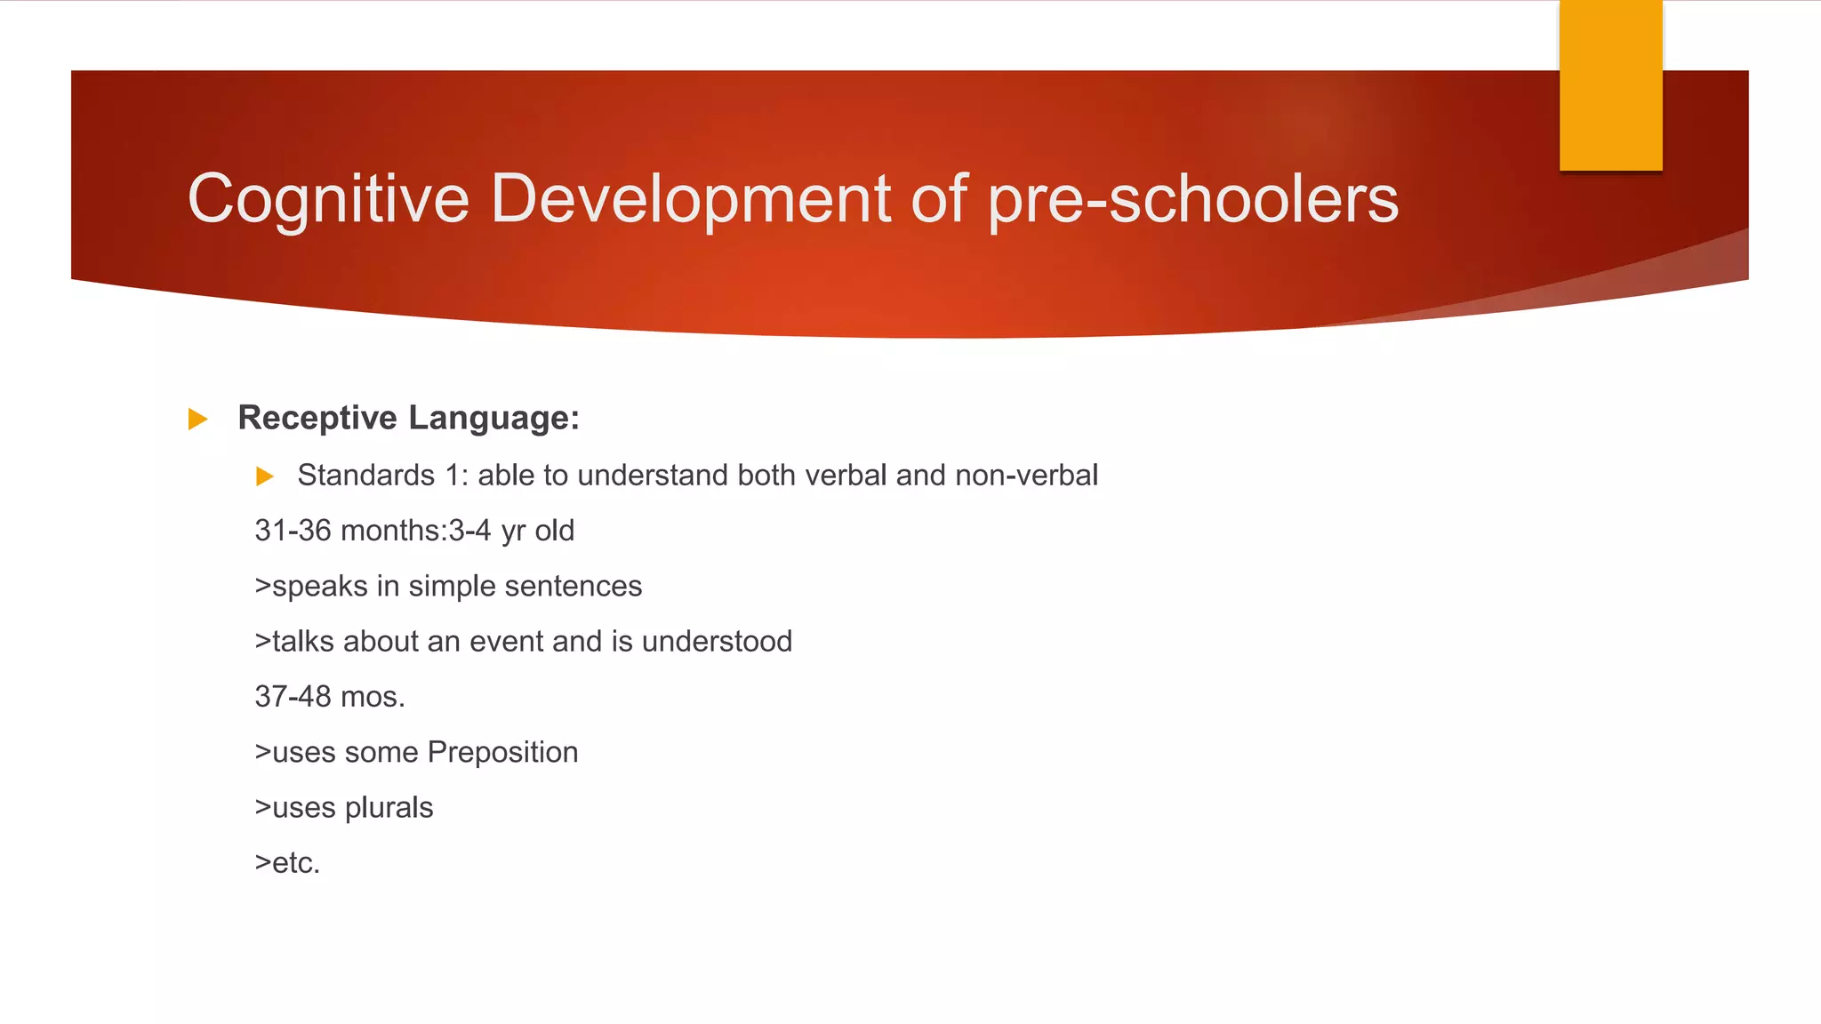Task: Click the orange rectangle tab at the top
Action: pos(1610,85)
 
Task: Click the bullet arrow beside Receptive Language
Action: pos(197,419)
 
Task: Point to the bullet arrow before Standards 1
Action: pos(264,476)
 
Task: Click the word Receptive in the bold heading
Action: pos(317,418)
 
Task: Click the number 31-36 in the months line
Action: pos(293,531)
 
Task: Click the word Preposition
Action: pos(502,753)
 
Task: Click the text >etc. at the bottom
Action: pos(286,863)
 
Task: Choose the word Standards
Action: pos(365,476)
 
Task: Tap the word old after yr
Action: pos(554,531)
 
